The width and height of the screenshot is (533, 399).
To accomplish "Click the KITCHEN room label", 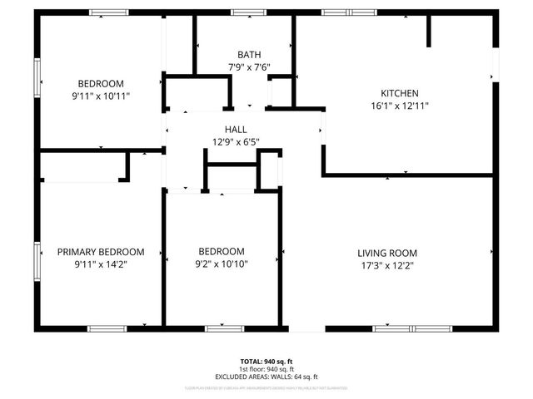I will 399,93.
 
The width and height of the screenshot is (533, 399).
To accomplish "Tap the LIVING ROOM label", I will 387,253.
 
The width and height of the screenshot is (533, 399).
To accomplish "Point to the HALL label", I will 236,129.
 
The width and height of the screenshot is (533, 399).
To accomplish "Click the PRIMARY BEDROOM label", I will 100,251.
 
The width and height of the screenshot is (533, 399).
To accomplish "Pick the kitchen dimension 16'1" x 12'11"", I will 400,106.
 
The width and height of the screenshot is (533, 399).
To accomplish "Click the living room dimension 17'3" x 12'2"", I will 387,265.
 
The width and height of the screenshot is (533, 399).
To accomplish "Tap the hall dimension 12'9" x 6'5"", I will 236,141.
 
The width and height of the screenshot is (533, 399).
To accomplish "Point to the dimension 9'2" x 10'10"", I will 222,264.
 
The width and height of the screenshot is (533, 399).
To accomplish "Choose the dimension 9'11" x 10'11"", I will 101,96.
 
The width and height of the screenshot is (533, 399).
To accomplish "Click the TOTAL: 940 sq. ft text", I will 266,361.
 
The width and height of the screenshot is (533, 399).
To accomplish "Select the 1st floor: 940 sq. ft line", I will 266,368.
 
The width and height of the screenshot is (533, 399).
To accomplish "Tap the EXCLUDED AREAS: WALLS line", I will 266,376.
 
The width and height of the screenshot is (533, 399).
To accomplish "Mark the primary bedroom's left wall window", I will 37,262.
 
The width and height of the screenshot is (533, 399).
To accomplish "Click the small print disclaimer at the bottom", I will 266,387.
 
